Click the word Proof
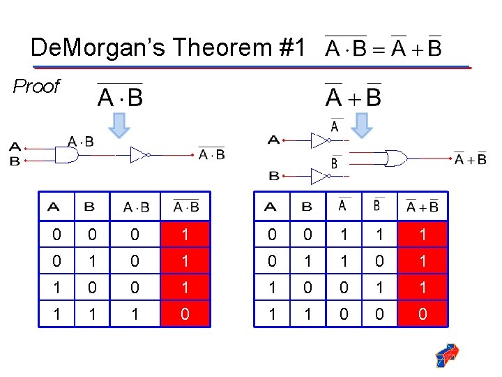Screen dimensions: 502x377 tap(36, 87)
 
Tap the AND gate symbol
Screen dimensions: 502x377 tap(66, 155)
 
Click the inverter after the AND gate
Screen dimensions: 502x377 tap(139, 155)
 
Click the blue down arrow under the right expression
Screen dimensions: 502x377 tap(361, 125)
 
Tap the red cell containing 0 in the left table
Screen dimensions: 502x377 tap(185, 315)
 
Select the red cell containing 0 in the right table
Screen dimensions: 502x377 tap(423, 315)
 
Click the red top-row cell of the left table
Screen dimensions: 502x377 tap(185, 235)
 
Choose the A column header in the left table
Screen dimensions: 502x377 tap(53, 207)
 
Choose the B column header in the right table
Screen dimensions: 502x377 tap(307, 207)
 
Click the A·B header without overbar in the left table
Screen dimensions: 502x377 tap(136, 207)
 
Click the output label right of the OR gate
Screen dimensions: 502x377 tap(471, 159)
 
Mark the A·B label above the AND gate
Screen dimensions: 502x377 tap(81, 142)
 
